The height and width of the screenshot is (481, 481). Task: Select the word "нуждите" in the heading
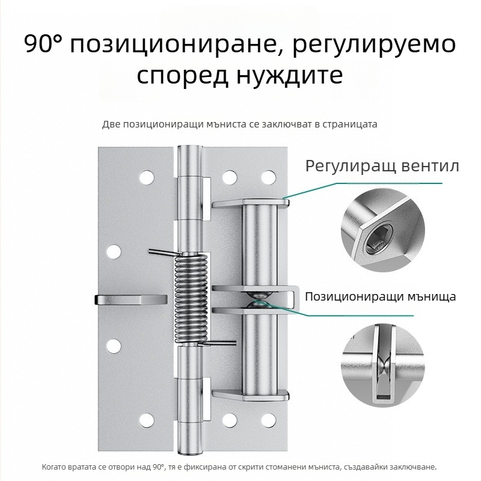click(x=290, y=76)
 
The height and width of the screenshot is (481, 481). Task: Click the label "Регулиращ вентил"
click(x=382, y=167)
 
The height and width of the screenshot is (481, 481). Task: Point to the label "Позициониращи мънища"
click(x=381, y=296)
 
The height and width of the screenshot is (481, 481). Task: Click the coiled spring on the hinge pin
click(x=191, y=299)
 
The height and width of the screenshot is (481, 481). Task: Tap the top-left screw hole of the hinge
click(x=147, y=177)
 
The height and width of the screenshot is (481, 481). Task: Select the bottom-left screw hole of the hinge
click(x=147, y=420)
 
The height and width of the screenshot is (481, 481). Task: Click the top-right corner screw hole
click(x=269, y=177)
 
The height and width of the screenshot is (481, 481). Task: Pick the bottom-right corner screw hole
click(x=269, y=420)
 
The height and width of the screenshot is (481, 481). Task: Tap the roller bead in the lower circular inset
click(x=384, y=366)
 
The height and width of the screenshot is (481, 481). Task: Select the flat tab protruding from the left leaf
click(x=131, y=299)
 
